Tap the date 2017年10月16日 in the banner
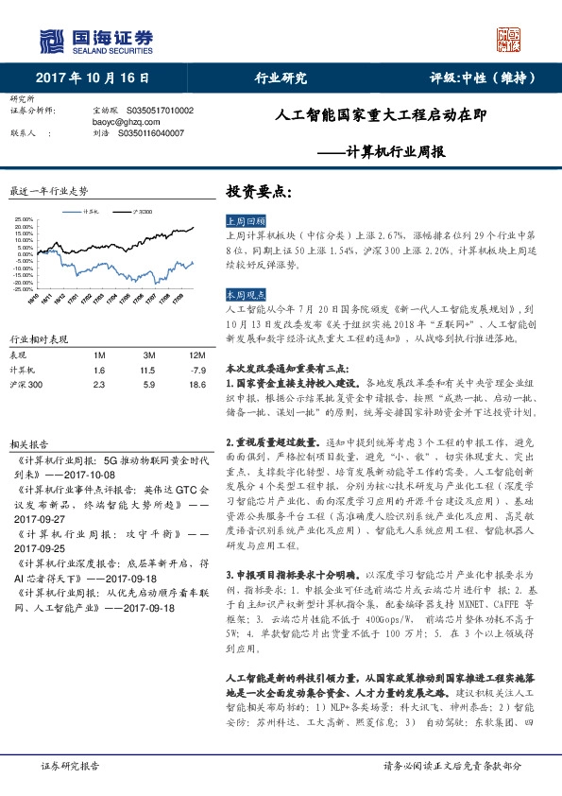(x=93, y=78)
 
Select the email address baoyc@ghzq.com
(x=126, y=122)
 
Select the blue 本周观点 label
(x=247, y=295)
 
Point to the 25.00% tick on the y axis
(x=25, y=220)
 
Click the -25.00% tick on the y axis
(x=25, y=288)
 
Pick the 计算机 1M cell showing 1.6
(x=99, y=371)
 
